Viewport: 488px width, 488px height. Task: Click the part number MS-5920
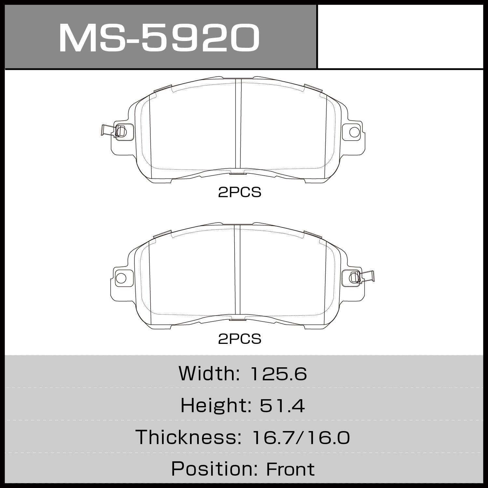[x=159, y=38]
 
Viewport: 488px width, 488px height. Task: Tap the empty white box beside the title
[x=400, y=36]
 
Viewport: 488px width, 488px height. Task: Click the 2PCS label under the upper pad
[x=239, y=193]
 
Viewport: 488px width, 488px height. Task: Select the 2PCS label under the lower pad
[x=239, y=339]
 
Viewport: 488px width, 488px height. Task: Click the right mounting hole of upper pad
[x=354, y=132]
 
